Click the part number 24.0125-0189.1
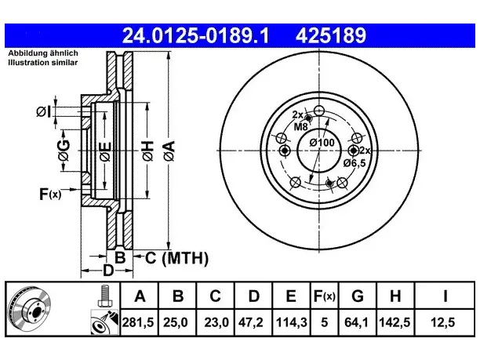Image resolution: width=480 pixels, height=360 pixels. tap(195, 35)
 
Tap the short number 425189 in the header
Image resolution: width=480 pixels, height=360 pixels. tap(331, 35)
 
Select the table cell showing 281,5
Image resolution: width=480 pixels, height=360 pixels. tap(138, 322)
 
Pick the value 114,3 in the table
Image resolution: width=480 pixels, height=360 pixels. tap(292, 322)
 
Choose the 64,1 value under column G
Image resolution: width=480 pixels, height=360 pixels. tap(356, 322)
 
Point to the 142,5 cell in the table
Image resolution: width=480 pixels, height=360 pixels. tap(395, 322)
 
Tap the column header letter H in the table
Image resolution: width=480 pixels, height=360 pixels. tap(395, 296)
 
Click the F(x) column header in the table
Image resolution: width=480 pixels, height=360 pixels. tap(325, 296)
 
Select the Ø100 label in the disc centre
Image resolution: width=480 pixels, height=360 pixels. tap(322, 143)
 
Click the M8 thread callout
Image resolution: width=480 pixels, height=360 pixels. tap(300, 126)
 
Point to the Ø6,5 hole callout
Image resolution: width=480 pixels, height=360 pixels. tap(355, 163)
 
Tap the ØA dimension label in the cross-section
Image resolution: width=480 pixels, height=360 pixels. tap(169, 151)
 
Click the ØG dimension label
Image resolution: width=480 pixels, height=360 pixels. tap(64, 151)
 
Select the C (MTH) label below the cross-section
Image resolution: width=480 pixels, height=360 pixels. tap(176, 258)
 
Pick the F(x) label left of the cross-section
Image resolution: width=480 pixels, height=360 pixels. tap(50, 194)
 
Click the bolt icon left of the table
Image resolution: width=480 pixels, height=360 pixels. tap(105, 296)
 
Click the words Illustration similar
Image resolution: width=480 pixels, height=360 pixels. tap(43, 63)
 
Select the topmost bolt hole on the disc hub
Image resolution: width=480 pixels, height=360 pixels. tap(319, 111)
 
